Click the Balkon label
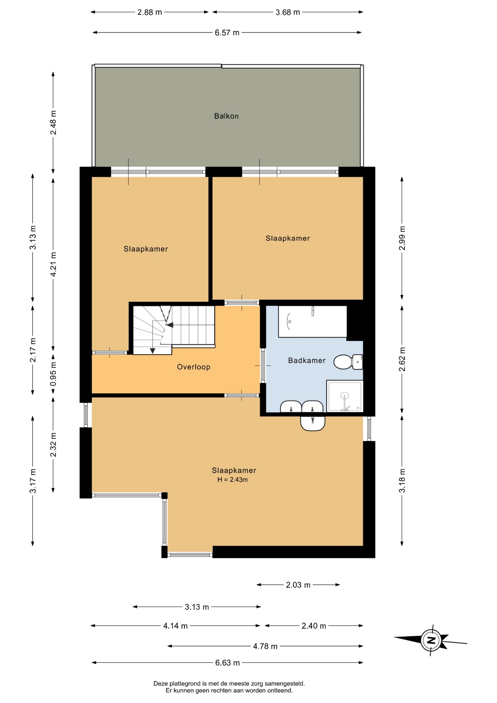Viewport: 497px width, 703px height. coord(226,116)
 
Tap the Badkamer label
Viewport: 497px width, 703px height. coord(307,360)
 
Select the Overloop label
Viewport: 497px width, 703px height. coord(194,367)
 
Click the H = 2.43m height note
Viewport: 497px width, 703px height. coord(232,480)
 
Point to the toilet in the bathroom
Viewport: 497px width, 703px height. coord(348,362)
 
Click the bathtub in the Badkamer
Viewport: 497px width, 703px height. coord(313,321)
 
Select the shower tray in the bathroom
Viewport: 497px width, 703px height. coord(345,396)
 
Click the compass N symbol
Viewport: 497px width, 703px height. coord(431,640)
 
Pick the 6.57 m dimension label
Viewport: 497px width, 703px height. coord(227,33)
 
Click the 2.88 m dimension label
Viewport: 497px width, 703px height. coord(150,12)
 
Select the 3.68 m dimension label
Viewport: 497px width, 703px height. coord(288,12)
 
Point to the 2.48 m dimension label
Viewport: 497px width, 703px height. coord(53,122)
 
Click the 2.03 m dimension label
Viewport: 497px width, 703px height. coord(298,585)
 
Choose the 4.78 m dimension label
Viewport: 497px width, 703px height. coord(265,646)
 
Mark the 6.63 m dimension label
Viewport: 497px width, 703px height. coord(227,662)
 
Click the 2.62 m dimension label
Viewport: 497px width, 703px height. coord(402,359)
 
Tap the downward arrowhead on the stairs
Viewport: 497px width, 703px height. coord(153,351)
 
